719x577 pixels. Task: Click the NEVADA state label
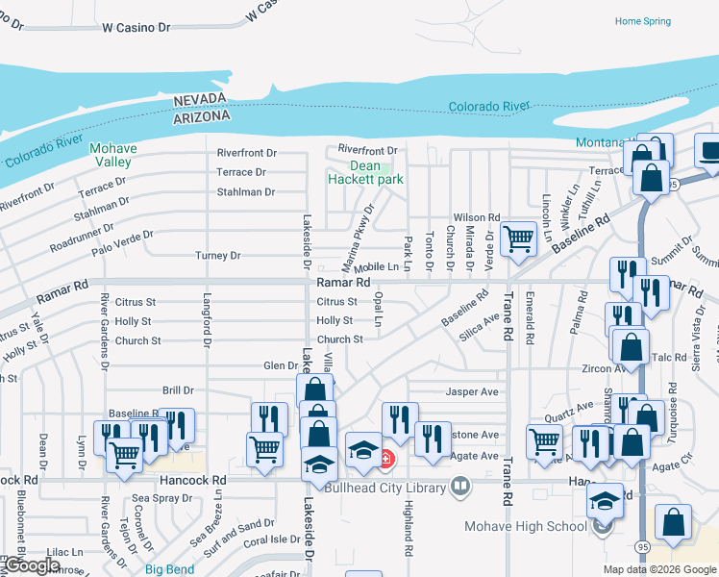click(202, 100)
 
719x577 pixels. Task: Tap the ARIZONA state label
click(202, 115)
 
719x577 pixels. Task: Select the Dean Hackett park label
click(364, 172)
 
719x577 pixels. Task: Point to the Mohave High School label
click(526, 526)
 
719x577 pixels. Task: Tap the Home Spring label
click(642, 21)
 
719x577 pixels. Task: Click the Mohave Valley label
click(113, 155)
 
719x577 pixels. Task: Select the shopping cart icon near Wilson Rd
click(518, 238)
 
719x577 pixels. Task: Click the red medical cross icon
click(386, 460)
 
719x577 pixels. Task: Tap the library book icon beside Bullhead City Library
click(460, 488)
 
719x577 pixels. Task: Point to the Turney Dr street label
click(216, 256)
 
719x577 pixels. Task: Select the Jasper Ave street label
click(472, 391)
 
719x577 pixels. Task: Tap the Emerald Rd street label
click(530, 321)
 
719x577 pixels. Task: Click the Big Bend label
click(170, 569)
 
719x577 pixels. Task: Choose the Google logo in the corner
click(31, 565)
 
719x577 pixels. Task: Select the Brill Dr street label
click(178, 390)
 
